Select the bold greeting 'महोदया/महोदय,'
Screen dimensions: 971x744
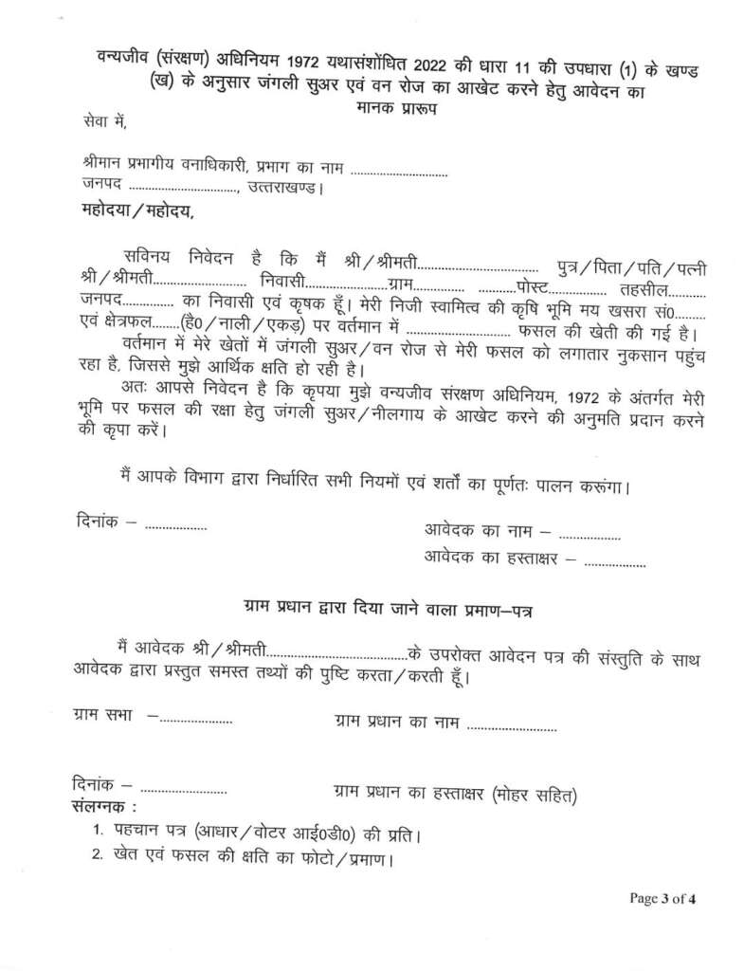132,211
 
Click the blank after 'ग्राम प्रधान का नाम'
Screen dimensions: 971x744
512,729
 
